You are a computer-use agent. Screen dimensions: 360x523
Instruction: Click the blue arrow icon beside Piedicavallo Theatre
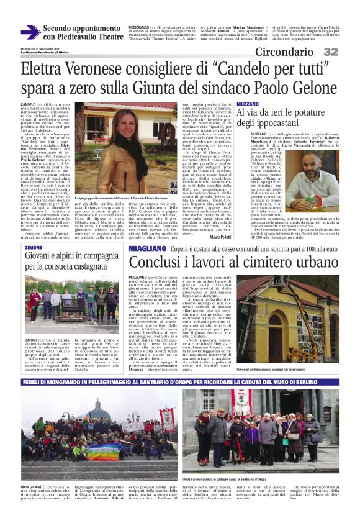click(x=30, y=33)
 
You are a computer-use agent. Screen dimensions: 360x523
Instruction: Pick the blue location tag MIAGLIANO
click(x=146, y=248)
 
